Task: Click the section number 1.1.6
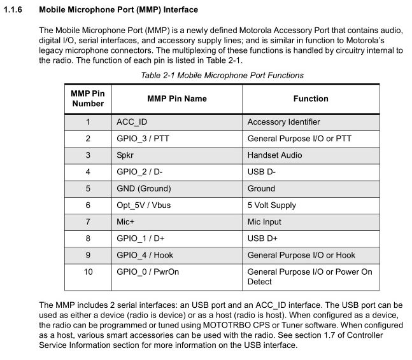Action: pos(16,10)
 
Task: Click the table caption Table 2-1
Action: pos(222,75)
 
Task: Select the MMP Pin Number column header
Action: pos(88,99)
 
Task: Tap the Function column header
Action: pos(311,99)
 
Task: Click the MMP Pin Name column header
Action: pos(176,99)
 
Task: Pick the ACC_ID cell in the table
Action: pos(132,122)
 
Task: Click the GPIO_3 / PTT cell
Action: pos(143,139)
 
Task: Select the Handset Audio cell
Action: pos(274,155)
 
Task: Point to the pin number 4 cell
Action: pos(88,172)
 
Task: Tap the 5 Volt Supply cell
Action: pos(271,205)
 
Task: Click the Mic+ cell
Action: pos(126,221)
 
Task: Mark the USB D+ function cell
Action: pos(262,238)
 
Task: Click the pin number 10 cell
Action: pos(88,272)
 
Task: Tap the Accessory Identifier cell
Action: pos(283,122)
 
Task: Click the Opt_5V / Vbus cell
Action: pos(143,205)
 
